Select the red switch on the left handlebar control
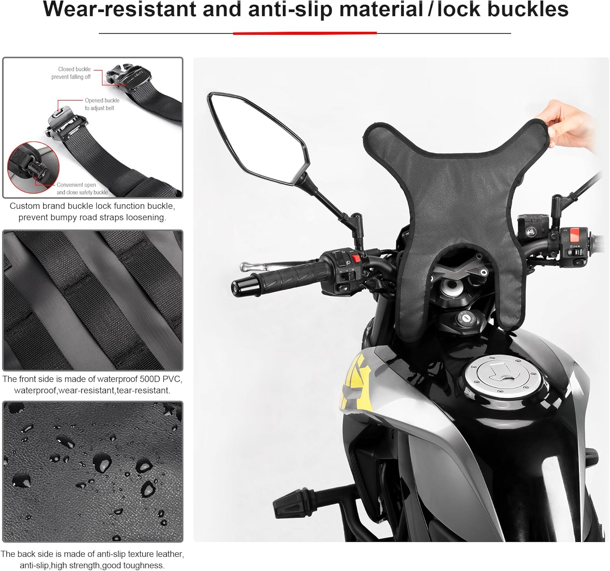(356, 258)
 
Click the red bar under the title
(305, 33)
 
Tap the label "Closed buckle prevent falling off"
(71, 73)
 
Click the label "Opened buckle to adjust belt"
(102, 104)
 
